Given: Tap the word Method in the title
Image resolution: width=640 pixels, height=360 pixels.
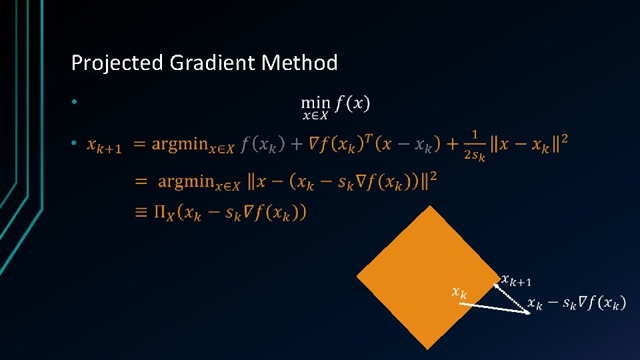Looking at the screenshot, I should [300, 63].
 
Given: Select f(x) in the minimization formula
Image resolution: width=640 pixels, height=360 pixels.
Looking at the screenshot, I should [353, 103].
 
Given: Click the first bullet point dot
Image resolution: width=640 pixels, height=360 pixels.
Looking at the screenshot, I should [76, 103].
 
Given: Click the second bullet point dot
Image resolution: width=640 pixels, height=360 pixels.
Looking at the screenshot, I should [76, 144].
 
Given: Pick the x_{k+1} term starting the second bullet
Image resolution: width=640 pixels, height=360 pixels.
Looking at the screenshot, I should [105, 146].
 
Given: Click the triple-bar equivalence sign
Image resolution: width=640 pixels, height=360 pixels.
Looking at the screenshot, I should [141, 213].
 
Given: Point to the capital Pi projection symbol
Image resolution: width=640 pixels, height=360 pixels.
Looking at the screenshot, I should [161, 213].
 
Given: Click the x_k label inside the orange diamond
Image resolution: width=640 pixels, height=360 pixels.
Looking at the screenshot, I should [459, 291].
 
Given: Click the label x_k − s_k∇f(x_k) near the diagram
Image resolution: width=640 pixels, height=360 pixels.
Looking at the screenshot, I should [576, 304].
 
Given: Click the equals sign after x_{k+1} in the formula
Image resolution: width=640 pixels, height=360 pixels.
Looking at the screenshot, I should [141, 145].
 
